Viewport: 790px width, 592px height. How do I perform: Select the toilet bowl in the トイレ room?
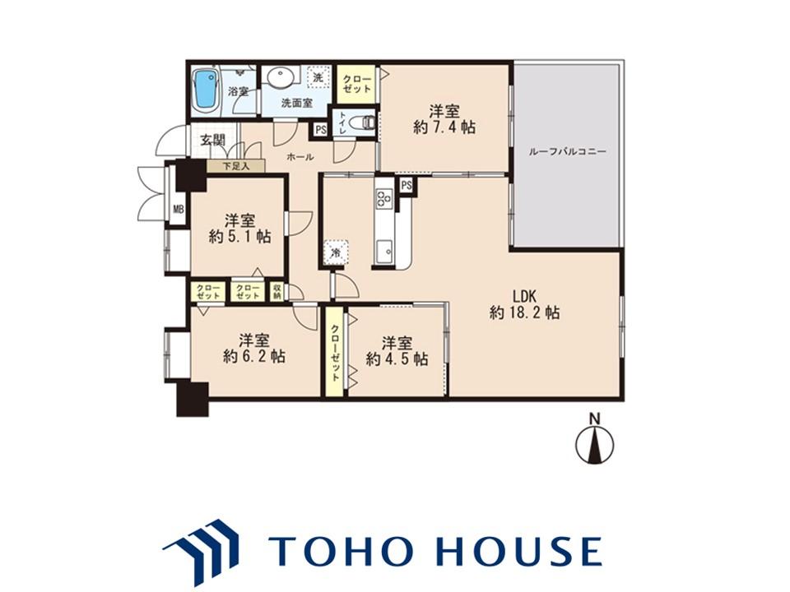click(365, 123)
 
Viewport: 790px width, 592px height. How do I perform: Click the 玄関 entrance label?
click(212, 140)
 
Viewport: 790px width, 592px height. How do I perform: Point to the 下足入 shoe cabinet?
click(236, 166)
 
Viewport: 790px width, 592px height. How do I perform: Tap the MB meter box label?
click(179, 208)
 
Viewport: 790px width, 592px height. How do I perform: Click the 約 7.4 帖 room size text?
click(444, 127)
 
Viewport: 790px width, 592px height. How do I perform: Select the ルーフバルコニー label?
click(567, 151)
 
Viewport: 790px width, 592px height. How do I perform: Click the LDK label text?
click(524, 294)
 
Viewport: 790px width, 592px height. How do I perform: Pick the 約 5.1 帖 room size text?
click(239, 236)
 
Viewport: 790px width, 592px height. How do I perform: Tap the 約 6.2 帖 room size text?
click(254, 356)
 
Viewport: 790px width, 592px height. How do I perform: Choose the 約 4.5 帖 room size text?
click(397, 359)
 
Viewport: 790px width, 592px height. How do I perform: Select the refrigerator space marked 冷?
click(336, 252)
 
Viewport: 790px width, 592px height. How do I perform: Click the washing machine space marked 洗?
click(318, 78)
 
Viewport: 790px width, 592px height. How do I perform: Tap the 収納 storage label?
click(276, 291)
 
